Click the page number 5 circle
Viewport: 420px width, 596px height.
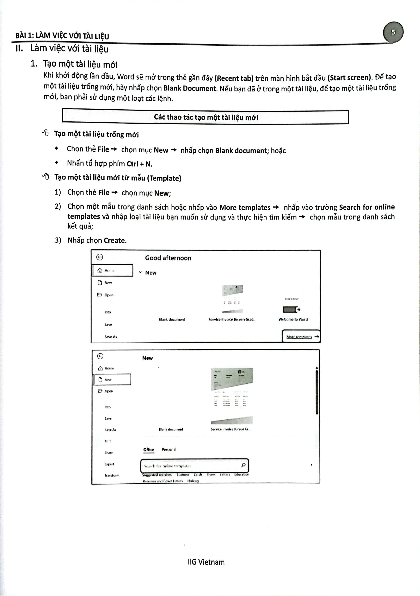393,32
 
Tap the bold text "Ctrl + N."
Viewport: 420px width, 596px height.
140,164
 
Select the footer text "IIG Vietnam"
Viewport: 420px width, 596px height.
206,562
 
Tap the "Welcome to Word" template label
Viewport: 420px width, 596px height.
293,319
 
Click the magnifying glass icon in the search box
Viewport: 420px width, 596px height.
243,465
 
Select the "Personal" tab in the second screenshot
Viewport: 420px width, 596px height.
169,449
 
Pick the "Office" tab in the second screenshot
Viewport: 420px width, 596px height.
149,449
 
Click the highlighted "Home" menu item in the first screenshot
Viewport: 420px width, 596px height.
113,270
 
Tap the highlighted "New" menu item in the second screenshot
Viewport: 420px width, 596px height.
112,380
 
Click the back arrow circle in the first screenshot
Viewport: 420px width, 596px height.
100,257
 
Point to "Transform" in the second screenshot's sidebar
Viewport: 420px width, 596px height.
112,475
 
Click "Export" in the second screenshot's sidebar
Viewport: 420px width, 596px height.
109,464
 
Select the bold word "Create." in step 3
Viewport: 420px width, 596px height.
115,240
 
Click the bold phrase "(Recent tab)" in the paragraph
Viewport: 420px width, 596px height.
234,78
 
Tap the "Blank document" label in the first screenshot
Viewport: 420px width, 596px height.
172,319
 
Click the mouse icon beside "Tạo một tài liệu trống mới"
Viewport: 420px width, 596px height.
46,133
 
